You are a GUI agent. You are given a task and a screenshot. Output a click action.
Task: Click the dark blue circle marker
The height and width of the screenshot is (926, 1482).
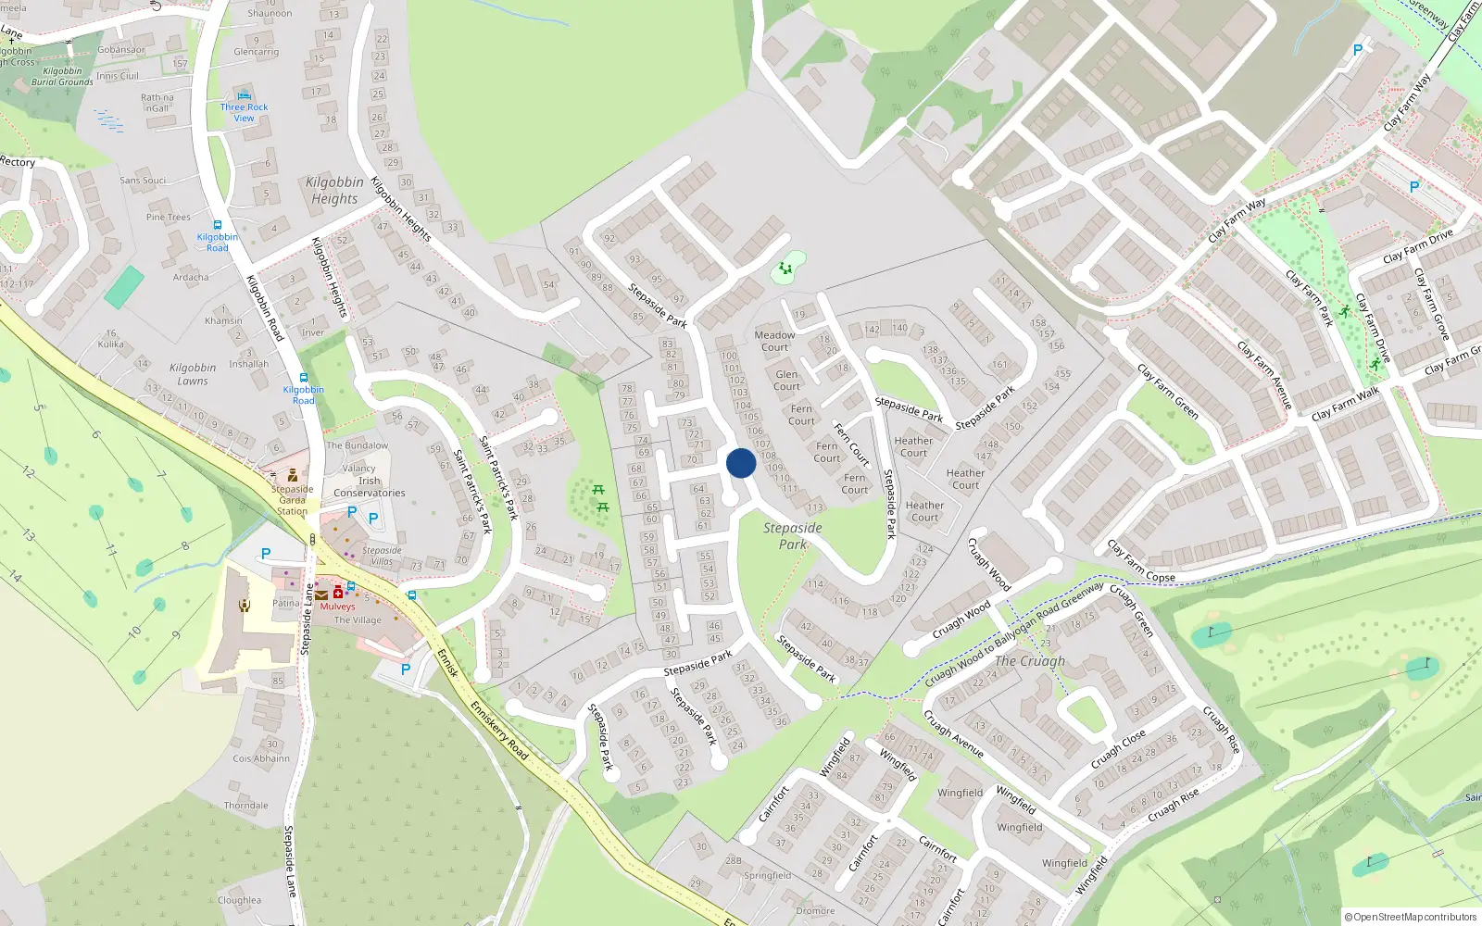[741, 463]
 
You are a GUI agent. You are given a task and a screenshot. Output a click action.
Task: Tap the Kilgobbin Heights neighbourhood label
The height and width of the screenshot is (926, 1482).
[334, 191]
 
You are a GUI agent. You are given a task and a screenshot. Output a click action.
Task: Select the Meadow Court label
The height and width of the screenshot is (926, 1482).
[774, 341]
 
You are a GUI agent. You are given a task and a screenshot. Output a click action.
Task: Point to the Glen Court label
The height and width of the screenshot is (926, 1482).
[786, 381]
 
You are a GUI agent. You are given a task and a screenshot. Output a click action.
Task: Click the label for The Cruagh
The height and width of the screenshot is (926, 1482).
[1030, 661]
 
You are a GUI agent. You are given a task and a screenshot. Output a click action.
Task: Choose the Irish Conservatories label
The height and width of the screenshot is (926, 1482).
[370, 487]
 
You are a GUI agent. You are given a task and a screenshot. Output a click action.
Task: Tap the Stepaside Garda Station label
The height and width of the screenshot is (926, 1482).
[292, 500]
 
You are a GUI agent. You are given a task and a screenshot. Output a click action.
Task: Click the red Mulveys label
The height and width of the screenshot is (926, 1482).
[337, 607]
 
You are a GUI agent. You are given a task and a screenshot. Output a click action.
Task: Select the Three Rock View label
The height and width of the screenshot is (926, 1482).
[244, 112]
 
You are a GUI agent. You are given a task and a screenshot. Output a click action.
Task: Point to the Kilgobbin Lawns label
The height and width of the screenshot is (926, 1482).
[193, 374]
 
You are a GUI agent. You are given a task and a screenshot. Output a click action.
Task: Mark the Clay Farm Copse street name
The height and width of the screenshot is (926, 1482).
[1141, 562]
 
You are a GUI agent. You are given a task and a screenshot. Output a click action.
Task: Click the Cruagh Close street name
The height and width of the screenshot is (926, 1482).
[1118, 749]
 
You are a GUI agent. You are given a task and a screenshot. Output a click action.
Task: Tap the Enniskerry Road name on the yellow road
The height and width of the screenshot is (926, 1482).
[499, 731]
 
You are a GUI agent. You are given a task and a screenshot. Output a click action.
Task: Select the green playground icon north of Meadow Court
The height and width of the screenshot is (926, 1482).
[785, 269]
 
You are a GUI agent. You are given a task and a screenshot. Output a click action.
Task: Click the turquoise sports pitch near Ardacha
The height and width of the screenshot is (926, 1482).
[124, 287]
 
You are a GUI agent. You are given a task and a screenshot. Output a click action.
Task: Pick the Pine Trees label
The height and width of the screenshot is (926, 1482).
[169, 218]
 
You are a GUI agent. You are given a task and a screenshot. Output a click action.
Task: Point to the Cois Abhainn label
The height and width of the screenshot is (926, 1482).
[261, 758]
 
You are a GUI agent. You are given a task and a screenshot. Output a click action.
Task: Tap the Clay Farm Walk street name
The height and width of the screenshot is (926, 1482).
[1345, 405]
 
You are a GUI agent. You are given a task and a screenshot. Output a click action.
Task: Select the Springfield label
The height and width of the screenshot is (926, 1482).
[767, 875]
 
